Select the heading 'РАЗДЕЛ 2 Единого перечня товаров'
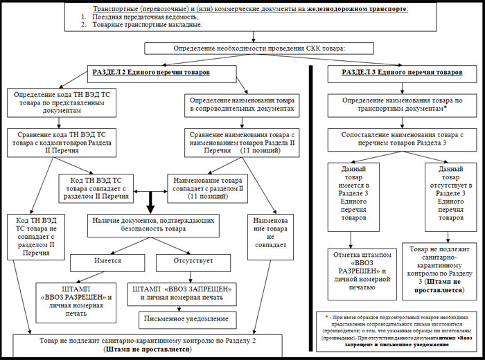(x=151, y=72)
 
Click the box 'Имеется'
(x=107, y=263)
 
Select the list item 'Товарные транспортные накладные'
(x=142, y=24)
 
